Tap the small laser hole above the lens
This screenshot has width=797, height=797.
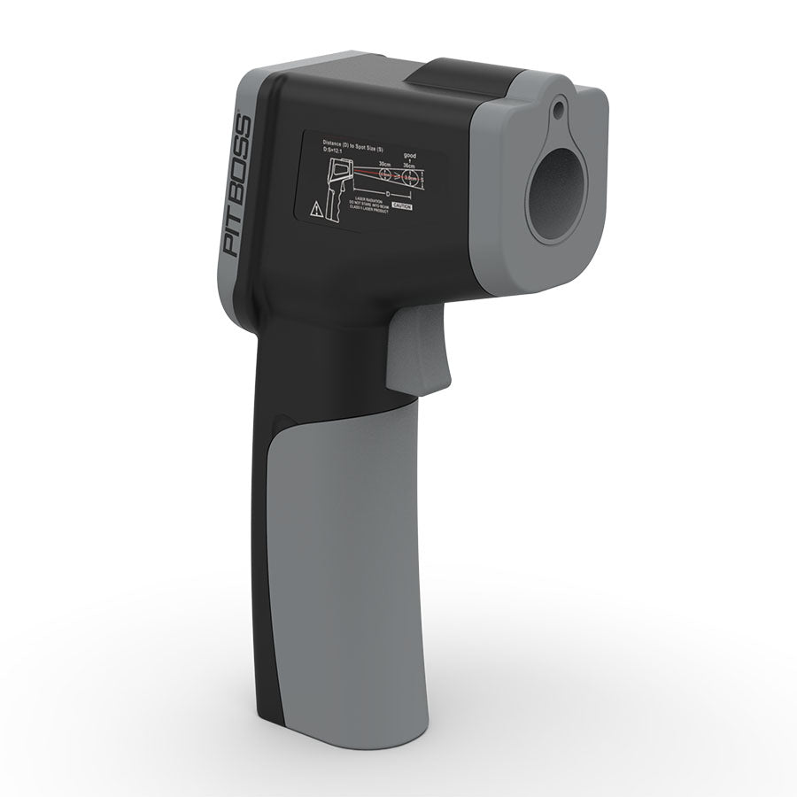point(559,111)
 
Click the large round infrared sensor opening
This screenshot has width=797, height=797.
point(557,194)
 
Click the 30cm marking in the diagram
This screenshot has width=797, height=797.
point(384,164)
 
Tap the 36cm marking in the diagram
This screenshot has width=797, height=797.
point(409,165)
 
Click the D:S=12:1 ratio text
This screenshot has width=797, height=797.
point(337,150)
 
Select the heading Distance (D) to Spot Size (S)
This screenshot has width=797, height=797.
point(353,142)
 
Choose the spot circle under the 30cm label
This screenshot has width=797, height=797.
point(384,176)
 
